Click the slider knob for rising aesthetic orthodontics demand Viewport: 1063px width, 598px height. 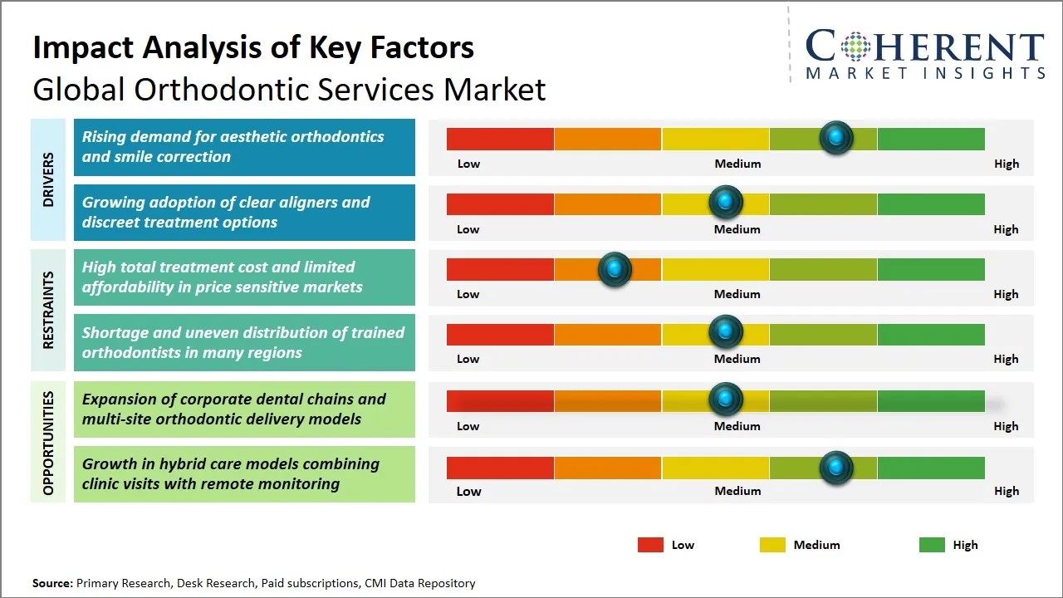tap(835, 137)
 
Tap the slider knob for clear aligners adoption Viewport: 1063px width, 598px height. tap(726, 202)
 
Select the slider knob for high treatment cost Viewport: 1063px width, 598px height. tap(615, 268)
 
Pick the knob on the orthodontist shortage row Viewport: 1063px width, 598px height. tap(726, 332)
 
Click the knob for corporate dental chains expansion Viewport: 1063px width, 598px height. tap(726, 399)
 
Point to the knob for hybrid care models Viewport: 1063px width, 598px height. tap(835, 468)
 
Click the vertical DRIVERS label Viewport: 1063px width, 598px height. tap(48, 179)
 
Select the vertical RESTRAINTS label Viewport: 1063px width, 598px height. tap(48, 310)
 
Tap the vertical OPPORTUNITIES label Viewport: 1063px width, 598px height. tap(48, 443)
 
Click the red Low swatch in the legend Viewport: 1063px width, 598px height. tap(650, 545)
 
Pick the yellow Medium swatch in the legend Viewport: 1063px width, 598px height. tap(772, 545)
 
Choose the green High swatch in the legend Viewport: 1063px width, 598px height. tap(932, 545)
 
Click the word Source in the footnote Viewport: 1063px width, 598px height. tap(51, 583)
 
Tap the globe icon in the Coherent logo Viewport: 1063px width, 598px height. tap(854, 47)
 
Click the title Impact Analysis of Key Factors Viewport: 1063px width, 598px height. tap(253, 48)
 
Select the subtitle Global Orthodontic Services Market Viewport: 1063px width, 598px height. tap(289, 89)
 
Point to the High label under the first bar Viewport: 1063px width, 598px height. tap(1006, 164)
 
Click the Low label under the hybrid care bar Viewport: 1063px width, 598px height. tap(468, 491)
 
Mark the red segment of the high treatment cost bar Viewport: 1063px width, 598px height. tap(500, 269)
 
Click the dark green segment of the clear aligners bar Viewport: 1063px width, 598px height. tap(930, 203)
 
